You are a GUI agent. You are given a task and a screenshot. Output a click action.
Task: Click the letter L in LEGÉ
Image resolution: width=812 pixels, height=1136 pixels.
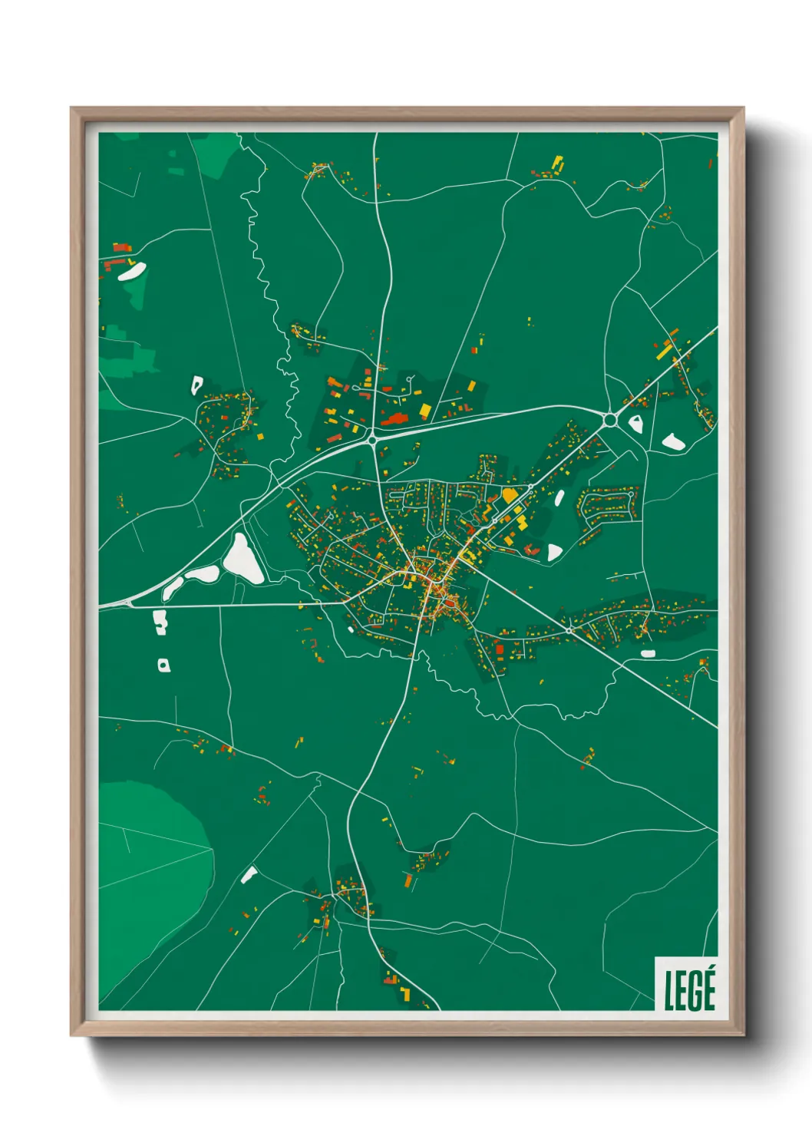click(x=668, y=990)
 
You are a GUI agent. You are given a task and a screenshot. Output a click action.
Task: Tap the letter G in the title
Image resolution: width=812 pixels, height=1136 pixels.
click(x=693, y=990)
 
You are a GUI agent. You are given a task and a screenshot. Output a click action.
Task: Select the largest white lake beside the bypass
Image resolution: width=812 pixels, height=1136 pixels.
click(x=243, y=558)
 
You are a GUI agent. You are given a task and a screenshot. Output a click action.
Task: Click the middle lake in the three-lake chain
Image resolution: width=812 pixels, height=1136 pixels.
click(x=203, y=573)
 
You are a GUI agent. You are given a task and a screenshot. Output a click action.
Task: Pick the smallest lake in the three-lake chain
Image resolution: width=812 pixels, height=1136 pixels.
click(x=173, y=588)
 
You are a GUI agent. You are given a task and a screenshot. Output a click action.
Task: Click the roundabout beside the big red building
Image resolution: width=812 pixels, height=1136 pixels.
click(x=372, y=440)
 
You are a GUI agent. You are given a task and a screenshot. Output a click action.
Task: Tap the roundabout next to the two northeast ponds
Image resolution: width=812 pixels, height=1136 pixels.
click(x=610, y=420)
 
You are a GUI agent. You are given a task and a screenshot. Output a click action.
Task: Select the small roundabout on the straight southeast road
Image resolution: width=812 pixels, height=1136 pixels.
click(x=569, y=630)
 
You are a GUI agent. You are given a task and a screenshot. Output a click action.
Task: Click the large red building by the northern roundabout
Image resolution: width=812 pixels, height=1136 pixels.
click(x=394, y=419)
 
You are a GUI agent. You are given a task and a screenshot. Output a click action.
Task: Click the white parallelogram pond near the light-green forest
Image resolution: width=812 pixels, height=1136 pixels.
click(x=249, y=874)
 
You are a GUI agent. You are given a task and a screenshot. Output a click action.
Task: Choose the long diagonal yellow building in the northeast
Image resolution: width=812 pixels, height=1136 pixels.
click(x=665, y=351)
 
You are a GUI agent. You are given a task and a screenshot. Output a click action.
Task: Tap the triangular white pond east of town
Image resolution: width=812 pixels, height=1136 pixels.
click(x=554, y=551)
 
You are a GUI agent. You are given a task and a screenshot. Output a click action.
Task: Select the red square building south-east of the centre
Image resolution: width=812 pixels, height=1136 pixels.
click(x=500, y=650)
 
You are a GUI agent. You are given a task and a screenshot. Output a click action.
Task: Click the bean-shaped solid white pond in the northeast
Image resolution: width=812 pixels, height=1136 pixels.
click(x=673, y=441)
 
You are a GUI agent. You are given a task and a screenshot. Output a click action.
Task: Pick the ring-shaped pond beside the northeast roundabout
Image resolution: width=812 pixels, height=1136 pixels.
click(x=635, y=422)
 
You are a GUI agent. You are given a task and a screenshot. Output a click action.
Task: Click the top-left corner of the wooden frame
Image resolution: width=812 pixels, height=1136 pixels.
click(x=71, y=108)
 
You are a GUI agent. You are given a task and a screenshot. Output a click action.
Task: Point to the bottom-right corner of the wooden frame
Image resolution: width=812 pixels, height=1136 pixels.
click(x=743, y=1035)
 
